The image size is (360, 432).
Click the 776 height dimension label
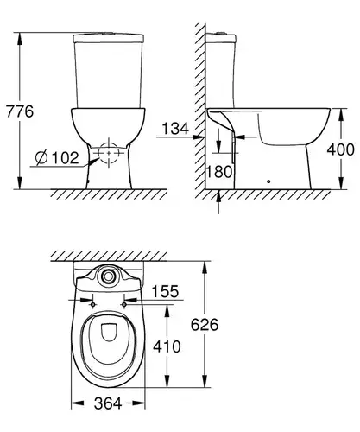pyautogui.click(x=20, y=111)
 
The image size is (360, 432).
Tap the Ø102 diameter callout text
pyautogui.click(x=57, y=157)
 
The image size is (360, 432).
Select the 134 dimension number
pyautogui.click(x=175, y=128)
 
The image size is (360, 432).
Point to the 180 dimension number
pyautogui.click(x=219, y=172)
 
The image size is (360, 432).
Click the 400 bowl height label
pyautogui.click(x=341, y=149)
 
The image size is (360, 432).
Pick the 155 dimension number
pyautogui.click(x=165, y=291)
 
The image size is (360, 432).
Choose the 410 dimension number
pyautogui.click(x=167, y=346)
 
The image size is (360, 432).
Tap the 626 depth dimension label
pyautogui.click(x=205, y=325)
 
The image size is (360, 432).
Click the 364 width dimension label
pyautogui.click(x=108, y=403)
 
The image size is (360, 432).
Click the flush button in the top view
pyautogui.click(x=108, y=276)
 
